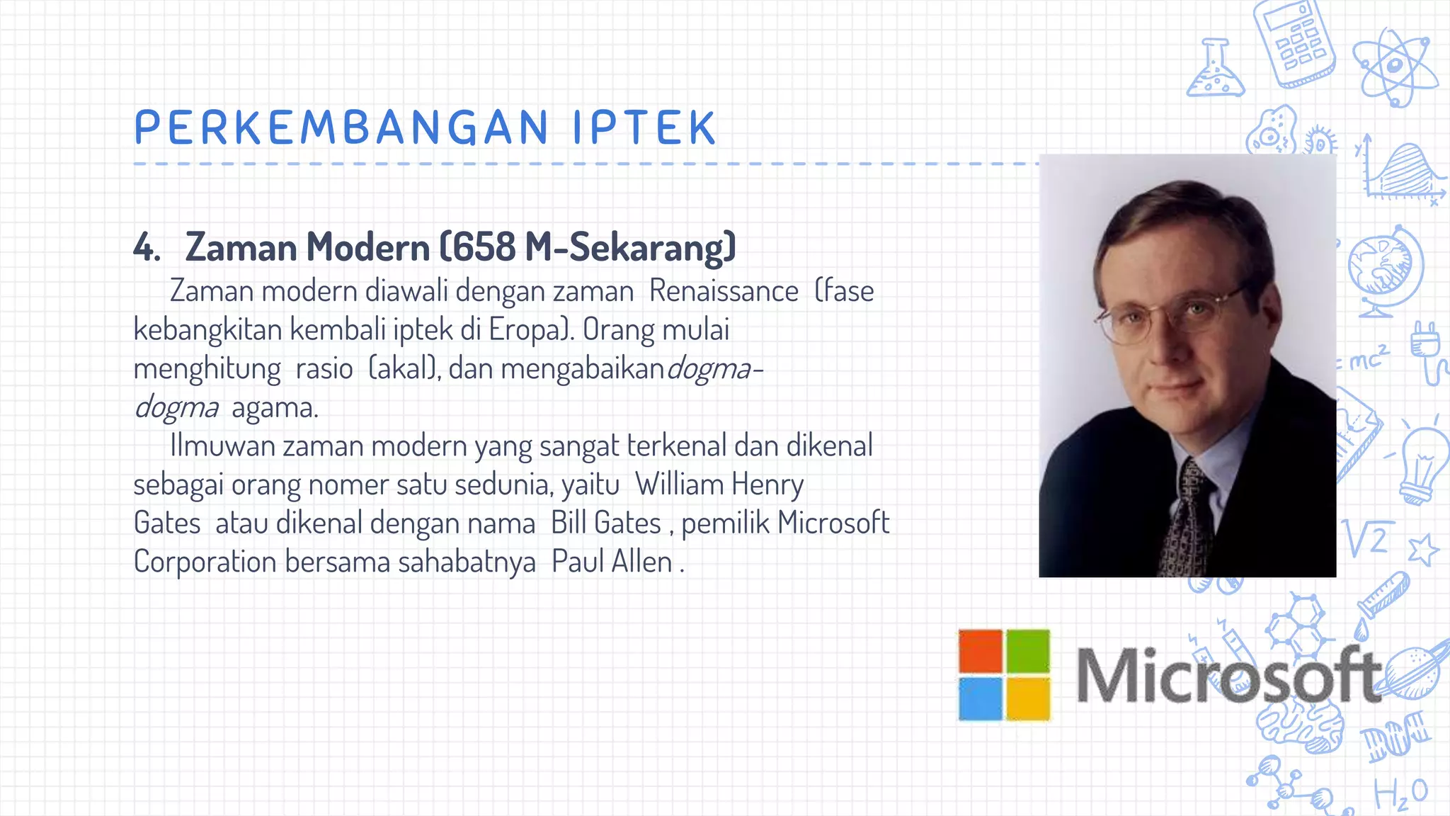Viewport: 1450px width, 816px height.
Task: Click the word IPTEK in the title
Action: coord(644,127)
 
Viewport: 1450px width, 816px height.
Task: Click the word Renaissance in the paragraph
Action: coord(724,291)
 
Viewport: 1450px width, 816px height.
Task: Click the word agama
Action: coord(275,407)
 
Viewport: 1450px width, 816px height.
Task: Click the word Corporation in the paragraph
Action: coord(205,562)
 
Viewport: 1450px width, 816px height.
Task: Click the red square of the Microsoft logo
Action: coord(981,651)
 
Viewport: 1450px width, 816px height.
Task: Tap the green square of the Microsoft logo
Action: coord(1028,651)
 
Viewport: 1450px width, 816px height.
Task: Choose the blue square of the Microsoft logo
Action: coord(981,698)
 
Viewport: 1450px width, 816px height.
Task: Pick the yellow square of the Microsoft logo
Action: coord(1028,698)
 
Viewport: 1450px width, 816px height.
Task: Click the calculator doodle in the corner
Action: coord(1294,42)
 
